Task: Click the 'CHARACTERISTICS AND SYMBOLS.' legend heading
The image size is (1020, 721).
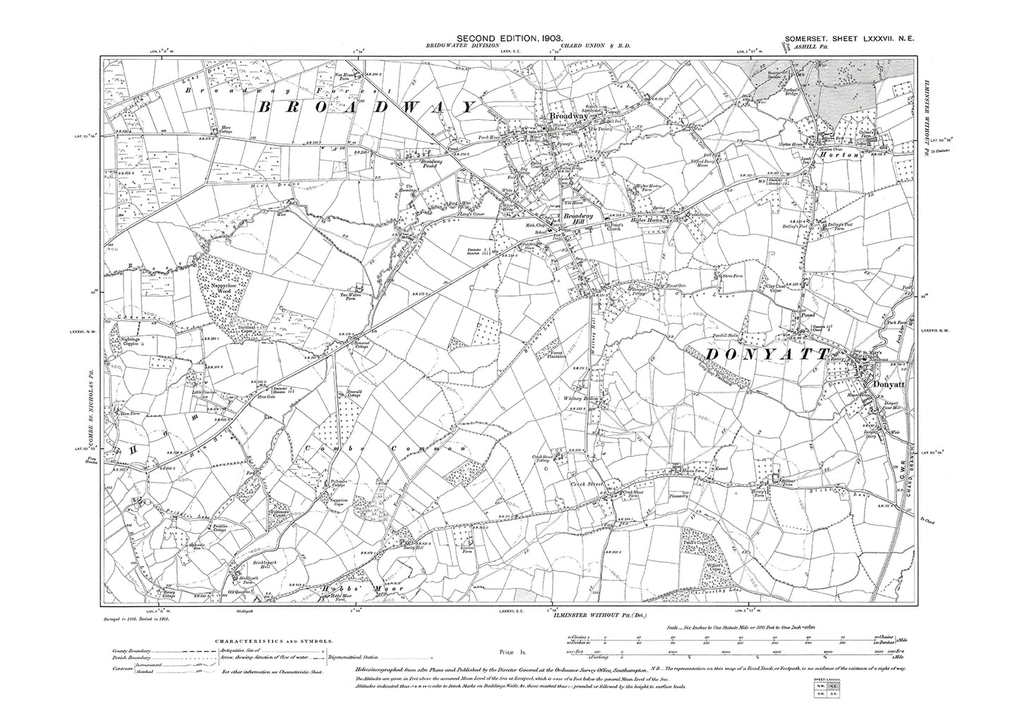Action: pos(272,641)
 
